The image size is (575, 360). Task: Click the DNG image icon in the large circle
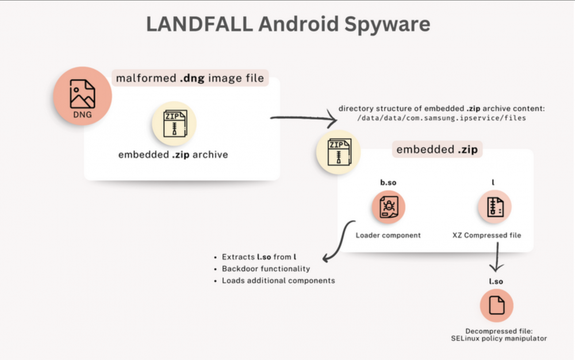tap(82, 95)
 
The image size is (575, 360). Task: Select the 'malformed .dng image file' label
tap(191, 78)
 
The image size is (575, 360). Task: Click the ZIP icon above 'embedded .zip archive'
tap(174, 123)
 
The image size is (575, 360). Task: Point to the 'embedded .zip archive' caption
tap(173, 155)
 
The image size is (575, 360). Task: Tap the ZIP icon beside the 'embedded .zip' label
tap(338, 152)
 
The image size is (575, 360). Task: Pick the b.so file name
tap(388, 183)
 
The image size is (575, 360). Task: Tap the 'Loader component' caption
tap(388, 235)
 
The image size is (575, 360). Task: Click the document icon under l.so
tap(496, 306)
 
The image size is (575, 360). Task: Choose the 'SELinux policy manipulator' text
tap(499, 339)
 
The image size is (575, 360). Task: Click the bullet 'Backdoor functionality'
tap(266, 269)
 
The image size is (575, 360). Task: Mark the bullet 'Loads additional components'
tap(278, 281)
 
